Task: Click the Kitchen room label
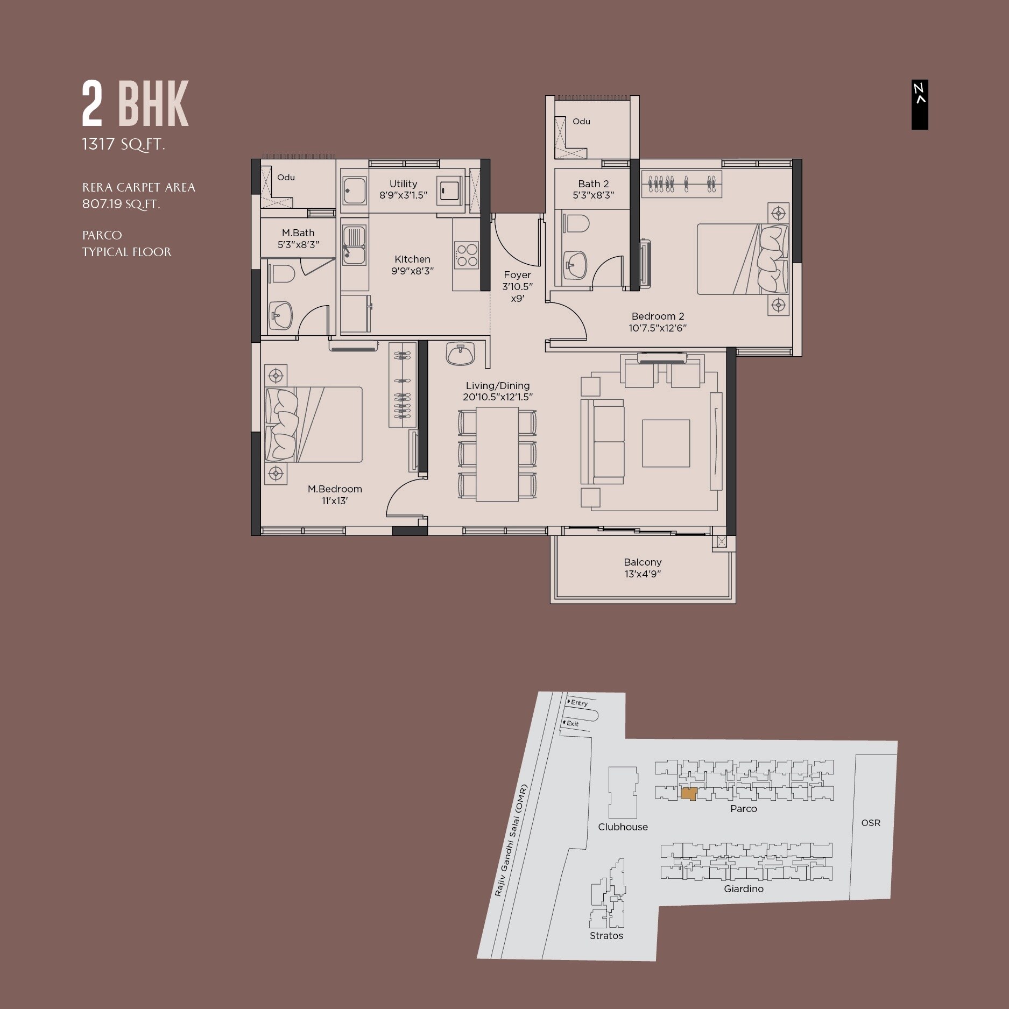click(412, 259)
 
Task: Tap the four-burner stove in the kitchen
click(466, 256)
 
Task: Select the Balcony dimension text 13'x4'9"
click(643, 574)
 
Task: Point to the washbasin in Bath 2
click(575, 265)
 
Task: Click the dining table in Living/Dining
click(497, 454)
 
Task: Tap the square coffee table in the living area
click(666, 443)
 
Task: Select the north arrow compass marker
click(920, 104)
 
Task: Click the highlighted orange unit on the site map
click(688, 793)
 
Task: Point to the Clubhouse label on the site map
click(623, 827)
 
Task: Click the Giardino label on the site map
click(743, 889)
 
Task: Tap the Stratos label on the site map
click(606, 936)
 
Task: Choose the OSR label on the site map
click(871, 823)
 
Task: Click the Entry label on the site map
click(579, 703)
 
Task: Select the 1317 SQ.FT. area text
click(123, 144)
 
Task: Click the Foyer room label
click(517, 275)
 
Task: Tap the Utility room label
click(403, 184)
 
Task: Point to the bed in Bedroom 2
click(742, 259)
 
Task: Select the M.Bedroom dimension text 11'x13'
click(335, 501)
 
